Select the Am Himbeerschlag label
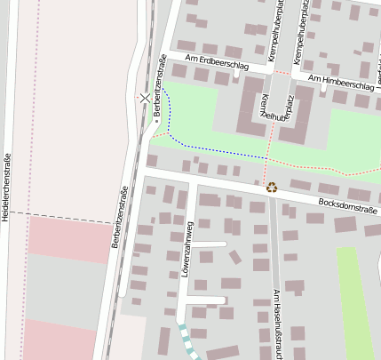[339, 82]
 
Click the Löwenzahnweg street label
[187, 245]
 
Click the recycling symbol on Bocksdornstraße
[272, 187]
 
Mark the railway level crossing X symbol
[145, 98]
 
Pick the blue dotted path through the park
[213, 148]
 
